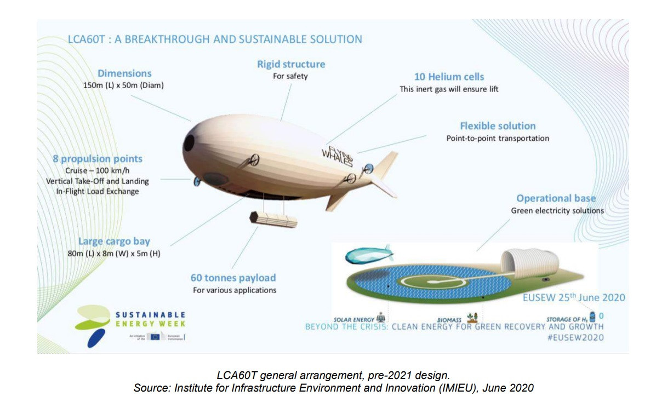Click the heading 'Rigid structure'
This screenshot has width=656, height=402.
[291, 64]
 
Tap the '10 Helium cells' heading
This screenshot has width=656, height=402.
[449, 77]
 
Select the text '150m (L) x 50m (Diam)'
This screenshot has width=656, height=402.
[124, 85]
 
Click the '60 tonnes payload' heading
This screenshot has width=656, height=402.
[233, 278]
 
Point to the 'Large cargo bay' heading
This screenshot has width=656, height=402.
[114, 241]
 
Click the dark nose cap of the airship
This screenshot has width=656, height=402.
[189, 143]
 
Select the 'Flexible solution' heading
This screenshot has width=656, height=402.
[498, 126]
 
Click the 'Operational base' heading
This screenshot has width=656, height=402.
[556, 198]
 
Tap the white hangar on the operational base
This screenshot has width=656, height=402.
[529, 265]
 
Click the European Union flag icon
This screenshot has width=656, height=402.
[155, 337]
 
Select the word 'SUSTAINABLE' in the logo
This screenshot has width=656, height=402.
[150, 315]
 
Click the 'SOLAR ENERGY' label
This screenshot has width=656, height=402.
[354, 319]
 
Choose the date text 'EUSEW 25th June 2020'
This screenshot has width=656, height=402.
[573, 298]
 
